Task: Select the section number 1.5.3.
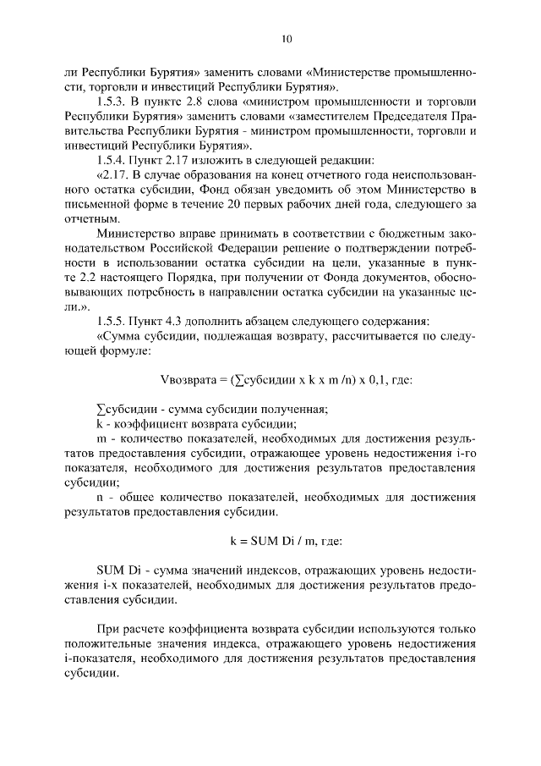coord(114,102)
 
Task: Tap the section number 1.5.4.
coord(114,162)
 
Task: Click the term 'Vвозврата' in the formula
coord(187,379)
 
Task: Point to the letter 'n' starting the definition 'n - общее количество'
coord(99,499)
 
